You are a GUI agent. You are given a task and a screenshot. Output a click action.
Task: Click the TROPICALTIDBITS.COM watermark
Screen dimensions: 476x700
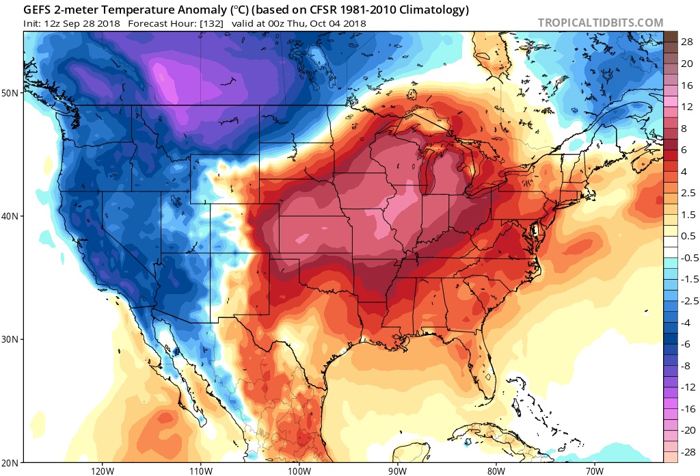coord(600,23)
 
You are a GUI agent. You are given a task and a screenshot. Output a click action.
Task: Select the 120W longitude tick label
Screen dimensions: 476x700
coord(102,471)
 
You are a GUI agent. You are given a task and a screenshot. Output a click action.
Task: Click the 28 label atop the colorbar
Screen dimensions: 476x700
coord(684,42)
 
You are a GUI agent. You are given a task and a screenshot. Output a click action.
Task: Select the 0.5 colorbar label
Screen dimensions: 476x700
coord(685,236)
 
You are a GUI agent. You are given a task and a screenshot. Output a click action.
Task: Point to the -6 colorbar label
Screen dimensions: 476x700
coord(683,344)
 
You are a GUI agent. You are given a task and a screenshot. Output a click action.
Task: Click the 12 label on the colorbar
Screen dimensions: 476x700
coord(684,107)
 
